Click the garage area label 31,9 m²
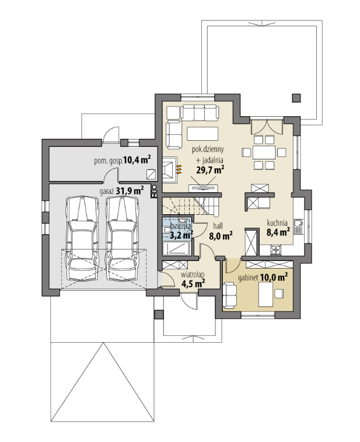coord(130,191)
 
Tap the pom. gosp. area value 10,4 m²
coord(137,160)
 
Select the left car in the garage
coord(82,238)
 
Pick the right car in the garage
coord(122,238)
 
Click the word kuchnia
coord(277,223)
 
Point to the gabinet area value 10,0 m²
coord(274,277)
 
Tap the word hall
coord(218,226)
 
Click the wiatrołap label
coord(193,274)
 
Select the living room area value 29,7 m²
coord(210,170)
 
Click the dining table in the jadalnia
coord(264,152)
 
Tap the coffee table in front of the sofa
coord(202,133)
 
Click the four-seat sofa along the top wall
coord(200,113)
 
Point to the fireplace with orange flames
coord(170,168)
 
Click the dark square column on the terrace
coord(296,98)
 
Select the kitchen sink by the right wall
coord(298,227)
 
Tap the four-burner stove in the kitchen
coord(275,249)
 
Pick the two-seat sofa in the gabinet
coord(229,295)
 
